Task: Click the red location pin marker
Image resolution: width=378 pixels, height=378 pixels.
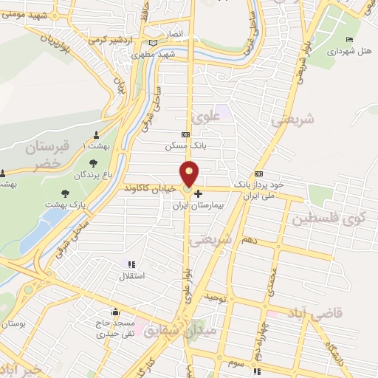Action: (x=190, y=174)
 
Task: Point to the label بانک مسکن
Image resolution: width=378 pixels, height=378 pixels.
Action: (x=185, y=146)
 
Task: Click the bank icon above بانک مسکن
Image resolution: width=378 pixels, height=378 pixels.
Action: (x=185, y=134)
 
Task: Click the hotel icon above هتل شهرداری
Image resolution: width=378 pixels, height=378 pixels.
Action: (x=349, y=40)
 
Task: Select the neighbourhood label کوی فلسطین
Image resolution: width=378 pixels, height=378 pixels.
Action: (x=328, y=219)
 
